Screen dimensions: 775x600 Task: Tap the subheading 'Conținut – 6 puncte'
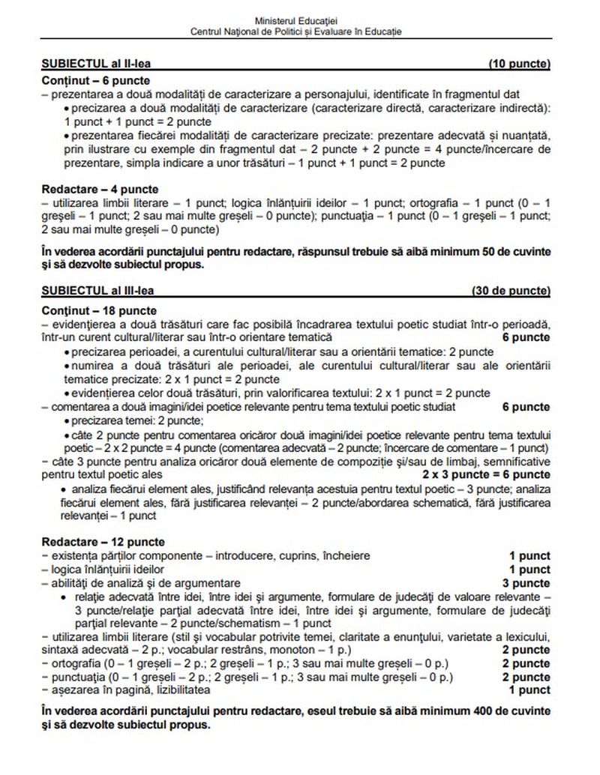pos(95,79)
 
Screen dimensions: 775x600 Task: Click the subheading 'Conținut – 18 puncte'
pos(98,309)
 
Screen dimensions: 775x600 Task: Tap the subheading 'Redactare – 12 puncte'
pos(103,542)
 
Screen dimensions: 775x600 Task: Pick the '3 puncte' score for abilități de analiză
pos(526,582)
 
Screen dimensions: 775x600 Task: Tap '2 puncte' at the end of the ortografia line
pos(526,663)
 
